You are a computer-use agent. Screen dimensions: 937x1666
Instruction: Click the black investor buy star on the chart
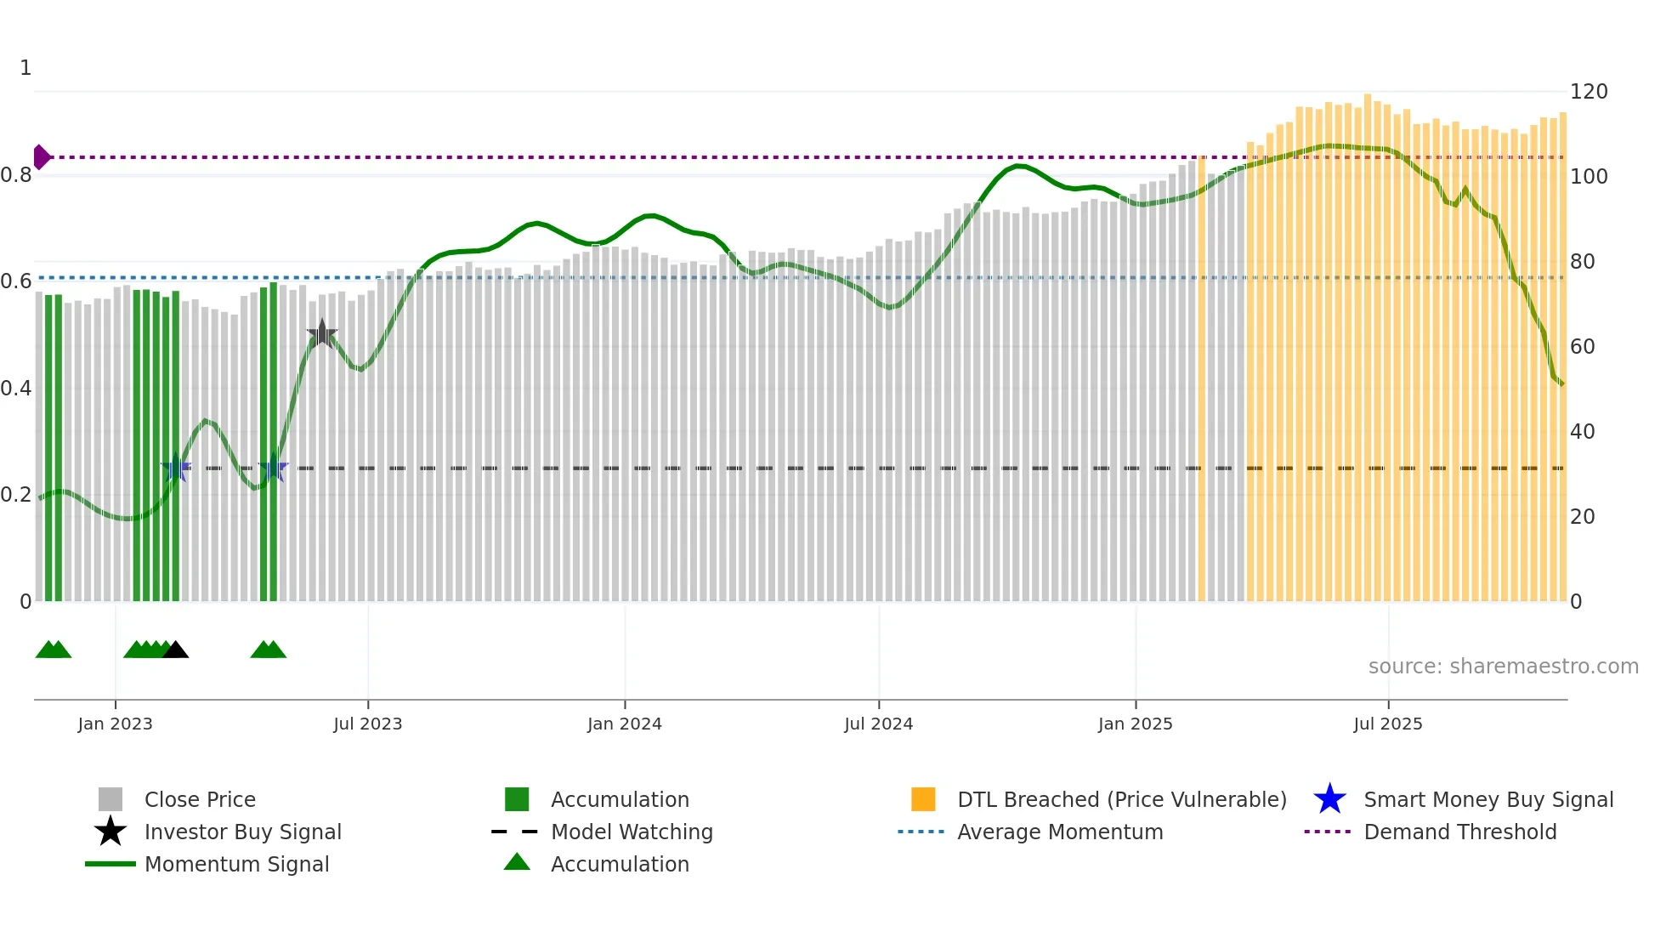(322, 334)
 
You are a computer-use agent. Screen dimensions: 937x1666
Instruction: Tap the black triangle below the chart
(175, 650)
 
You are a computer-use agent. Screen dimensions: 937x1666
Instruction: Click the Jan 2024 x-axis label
(624, 724)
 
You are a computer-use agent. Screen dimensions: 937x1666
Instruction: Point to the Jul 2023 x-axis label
(367, 724)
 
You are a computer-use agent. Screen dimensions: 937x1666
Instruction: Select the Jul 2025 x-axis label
(1387, 724)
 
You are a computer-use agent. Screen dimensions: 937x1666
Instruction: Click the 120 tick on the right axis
(1588, 92)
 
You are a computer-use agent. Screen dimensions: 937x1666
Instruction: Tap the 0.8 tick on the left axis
(16, 176)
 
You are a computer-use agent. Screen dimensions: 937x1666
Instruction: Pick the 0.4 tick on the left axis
(16, 389)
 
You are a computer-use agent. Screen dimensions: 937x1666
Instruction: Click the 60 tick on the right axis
(1582, 347)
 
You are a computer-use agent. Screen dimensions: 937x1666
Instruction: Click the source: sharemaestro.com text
(1503, 667)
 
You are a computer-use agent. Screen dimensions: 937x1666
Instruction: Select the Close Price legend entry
(200, 799)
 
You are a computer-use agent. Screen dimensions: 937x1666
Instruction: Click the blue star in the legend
(1329, 799)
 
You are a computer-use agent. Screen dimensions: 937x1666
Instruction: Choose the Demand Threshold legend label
(1459, 832)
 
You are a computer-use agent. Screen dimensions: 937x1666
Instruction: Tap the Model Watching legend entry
(631, 832)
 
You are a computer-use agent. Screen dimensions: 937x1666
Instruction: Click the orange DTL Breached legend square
(923, 799)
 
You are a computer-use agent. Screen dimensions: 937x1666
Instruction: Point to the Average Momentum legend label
(1059, 832)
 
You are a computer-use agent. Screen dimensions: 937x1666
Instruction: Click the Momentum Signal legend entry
(236, 864)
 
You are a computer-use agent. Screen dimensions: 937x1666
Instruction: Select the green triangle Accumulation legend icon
(517, 862)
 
